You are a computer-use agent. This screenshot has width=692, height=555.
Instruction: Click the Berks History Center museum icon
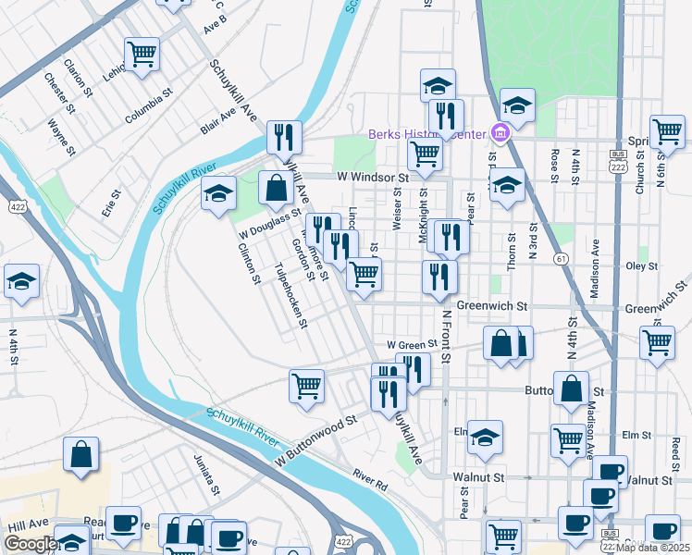tap(500, 134)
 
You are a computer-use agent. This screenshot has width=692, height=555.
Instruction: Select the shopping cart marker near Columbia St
tap(142, 54)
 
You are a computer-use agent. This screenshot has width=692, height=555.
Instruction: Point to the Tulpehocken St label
tap(291, 297)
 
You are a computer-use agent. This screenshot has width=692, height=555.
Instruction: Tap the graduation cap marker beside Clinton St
tap(219, 193)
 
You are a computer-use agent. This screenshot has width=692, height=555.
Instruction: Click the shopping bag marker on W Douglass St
tap(276, 188)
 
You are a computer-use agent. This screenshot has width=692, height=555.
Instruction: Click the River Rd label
tap(369, 478)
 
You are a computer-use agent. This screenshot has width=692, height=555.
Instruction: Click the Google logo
tap(31, 544)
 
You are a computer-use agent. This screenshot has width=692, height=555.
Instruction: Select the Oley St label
tap(641, 265)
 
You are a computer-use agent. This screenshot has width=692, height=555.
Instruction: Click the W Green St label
tap(411, 344)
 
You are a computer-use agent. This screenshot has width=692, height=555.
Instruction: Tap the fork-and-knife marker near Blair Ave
tap(284, 137)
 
